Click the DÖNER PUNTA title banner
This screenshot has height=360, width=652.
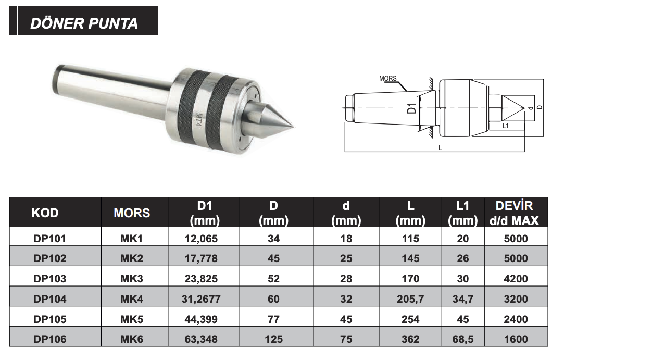(84, 20)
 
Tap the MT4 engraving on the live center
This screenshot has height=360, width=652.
(199, 120)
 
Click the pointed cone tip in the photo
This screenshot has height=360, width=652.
(292, 127)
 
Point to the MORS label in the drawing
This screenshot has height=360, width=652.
(387, 78)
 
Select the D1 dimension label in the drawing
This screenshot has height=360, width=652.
(411, 108)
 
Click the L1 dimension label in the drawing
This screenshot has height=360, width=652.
(505, 126)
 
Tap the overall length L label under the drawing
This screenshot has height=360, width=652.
(440, 148)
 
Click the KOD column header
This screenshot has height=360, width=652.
(45, 213)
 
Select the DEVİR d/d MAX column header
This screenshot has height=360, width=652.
(515, 213)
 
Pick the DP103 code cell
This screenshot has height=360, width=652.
(50, 279)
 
